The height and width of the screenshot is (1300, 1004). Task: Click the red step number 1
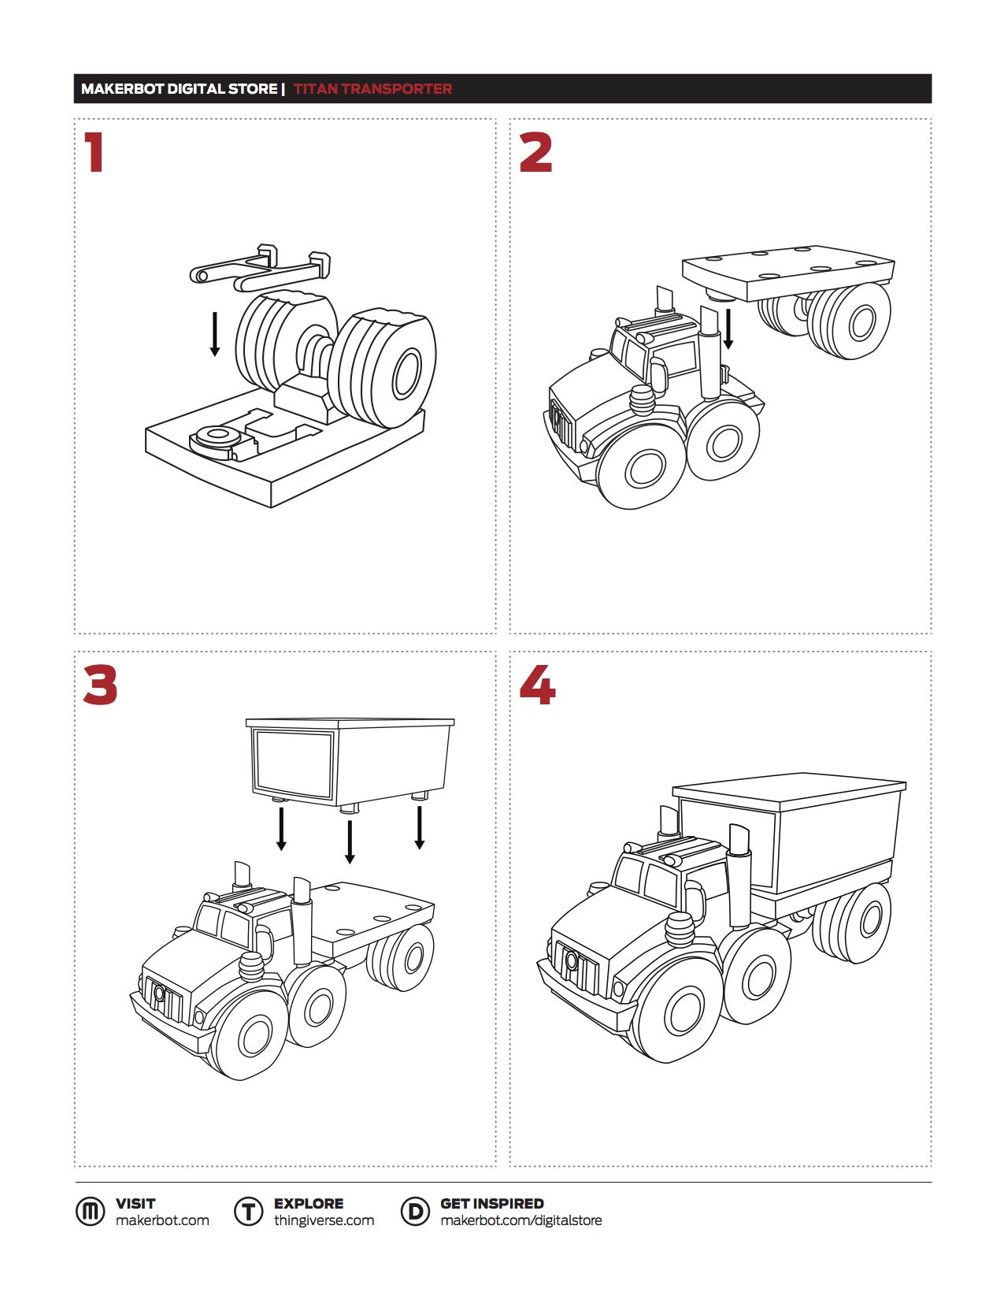[94, 153]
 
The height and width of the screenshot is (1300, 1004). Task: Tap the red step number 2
[535, 153]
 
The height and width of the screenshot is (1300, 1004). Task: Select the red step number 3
[100, 685]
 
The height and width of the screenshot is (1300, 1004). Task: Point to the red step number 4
[538, 685]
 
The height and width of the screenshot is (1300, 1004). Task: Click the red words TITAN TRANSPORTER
[372, 89]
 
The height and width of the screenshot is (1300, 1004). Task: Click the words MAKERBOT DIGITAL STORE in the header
[179, 89]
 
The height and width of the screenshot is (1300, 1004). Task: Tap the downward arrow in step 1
[215, 334]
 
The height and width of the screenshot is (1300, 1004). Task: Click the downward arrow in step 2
[728, 329]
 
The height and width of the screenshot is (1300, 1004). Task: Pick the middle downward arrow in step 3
[350, 841]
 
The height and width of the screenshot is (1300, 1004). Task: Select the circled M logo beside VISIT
[91, 1212]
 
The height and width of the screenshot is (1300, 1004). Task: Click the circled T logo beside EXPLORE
[248, 1212]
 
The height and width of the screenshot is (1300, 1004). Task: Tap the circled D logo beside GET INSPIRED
[415, 1212]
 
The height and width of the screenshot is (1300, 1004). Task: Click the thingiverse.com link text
[324, 1220]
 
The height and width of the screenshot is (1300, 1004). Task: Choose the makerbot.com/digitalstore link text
[521, 1220]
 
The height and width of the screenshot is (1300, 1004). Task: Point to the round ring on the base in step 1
[215, 437]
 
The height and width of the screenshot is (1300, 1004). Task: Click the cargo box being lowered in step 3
[350, 763]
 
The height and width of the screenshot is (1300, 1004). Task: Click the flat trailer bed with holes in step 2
[788, 272]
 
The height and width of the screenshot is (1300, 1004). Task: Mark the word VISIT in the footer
[135, 1204]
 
